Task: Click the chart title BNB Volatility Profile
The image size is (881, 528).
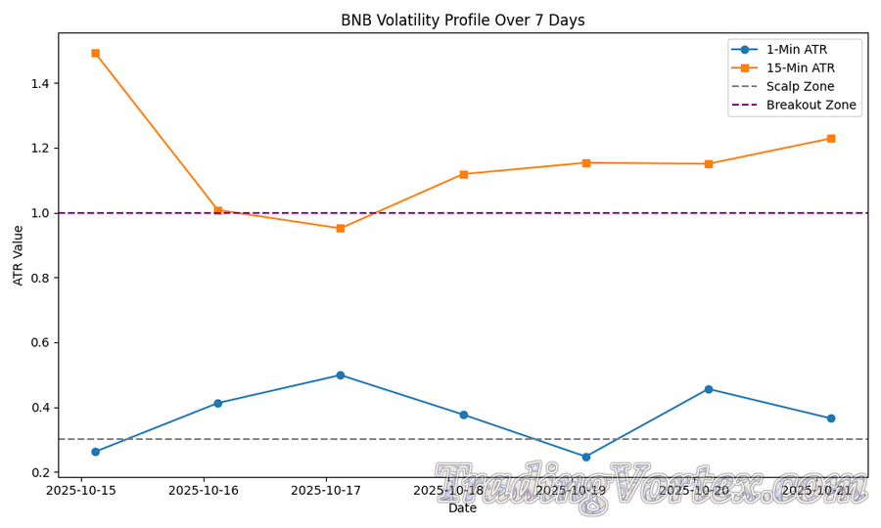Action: coord(462,21)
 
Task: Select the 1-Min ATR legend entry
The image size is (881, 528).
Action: coord(800,50)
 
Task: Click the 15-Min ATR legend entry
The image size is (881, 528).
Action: coord(800,68)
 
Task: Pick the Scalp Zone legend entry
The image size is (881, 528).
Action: coord(800,87)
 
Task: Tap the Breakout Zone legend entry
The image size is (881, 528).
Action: coord(811,106)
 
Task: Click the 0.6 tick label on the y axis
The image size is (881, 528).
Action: coord(40,343)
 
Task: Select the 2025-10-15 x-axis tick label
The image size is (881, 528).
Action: coord(80,491)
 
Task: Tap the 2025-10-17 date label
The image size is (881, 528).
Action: coord(326,491)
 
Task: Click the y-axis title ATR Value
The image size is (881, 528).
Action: coord(19,255)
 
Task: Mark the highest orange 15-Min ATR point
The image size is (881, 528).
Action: coord(95,53)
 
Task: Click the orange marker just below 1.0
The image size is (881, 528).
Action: coord(341,228)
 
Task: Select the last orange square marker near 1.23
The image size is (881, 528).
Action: coord(831,139)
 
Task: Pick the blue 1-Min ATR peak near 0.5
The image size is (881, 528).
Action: coord(341,375)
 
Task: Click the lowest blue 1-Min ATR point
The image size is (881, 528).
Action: coord(586,457)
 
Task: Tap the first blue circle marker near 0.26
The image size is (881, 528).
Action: coord(95,452)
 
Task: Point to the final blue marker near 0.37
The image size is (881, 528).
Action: coord(831,418)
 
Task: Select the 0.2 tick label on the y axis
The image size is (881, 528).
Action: coord(40,473)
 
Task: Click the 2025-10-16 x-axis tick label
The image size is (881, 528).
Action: coord(204,491)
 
